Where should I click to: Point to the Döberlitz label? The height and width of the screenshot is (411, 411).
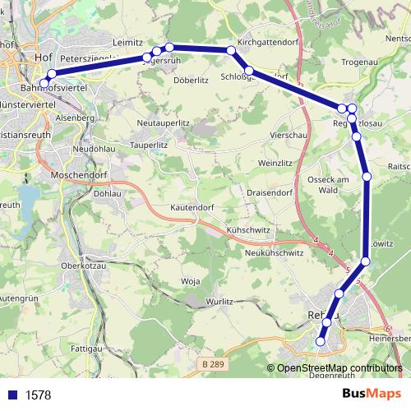tap(191, 81)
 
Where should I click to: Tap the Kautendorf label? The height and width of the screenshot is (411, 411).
tap(194, 208)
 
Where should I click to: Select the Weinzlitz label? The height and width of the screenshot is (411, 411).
tap(275, 164)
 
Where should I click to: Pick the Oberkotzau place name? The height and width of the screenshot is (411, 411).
tap(81, 265)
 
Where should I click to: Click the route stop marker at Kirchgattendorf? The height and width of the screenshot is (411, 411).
tap(231, 52)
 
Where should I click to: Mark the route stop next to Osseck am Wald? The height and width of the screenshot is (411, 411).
tap(367, 177)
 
